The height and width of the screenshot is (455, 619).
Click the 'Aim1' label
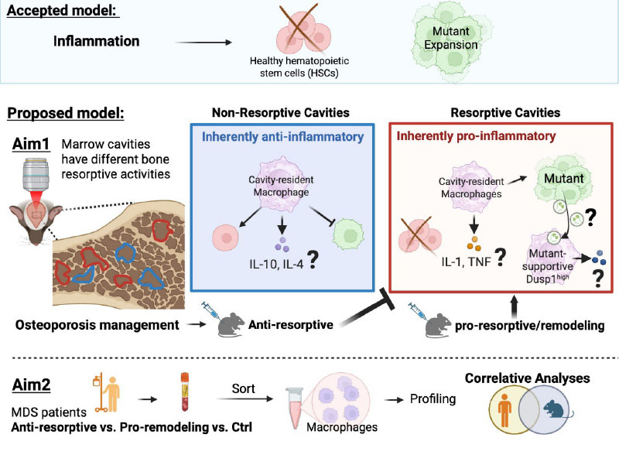(x=28, y=145)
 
